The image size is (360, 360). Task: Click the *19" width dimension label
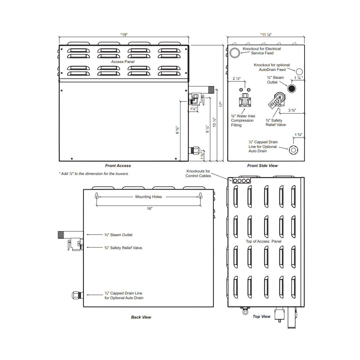tap(124, 35)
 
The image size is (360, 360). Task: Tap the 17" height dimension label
tap(221, 104)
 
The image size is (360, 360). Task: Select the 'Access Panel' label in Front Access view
tap(123, 62)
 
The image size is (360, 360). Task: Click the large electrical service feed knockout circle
tap(235, 53)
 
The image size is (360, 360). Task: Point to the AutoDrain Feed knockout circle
tap(299, 72)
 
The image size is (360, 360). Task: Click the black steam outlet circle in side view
tap(292, 89)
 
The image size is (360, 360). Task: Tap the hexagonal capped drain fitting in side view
tap(293, 150)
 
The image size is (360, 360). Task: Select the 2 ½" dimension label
tap(237, 78)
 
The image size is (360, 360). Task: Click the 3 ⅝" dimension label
tap(292, 110)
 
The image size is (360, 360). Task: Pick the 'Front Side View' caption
tap(262, 166)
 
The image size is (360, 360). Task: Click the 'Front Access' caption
tap(118, 166)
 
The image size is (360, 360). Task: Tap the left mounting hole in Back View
tap(96, 196)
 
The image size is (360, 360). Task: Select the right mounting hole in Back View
tap(201, 196)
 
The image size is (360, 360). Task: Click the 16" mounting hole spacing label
tap(150, 209)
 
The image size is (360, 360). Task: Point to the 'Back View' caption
tap(141, 317)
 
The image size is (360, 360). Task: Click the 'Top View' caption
tap(261, 316)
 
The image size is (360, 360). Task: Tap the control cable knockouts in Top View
tap(242, 181)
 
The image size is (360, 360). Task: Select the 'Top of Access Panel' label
tap(264, 241)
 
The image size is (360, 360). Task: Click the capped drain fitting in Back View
tap(77, 295)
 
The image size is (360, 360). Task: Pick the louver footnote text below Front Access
tap(94, 174)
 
